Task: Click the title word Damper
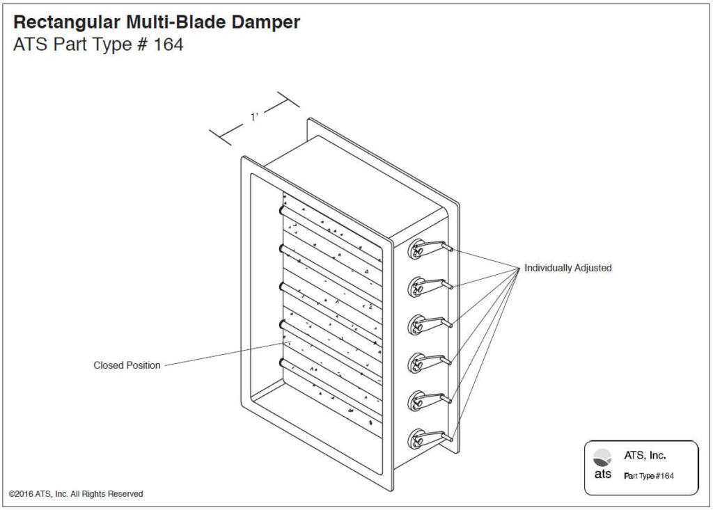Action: coord(263,22)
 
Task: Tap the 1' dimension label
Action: coord(255,118)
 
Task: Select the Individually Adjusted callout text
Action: coord(567,268)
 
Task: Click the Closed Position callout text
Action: coord(127,365)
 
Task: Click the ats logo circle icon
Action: coord(602,457)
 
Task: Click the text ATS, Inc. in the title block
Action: coord(645,456)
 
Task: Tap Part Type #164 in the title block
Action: coord(648,476)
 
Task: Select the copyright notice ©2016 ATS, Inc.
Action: coord(76,494)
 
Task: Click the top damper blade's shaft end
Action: coord(281,209)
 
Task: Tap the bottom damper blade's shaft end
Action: coord(281,362)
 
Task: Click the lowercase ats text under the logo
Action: coord(603,475)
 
